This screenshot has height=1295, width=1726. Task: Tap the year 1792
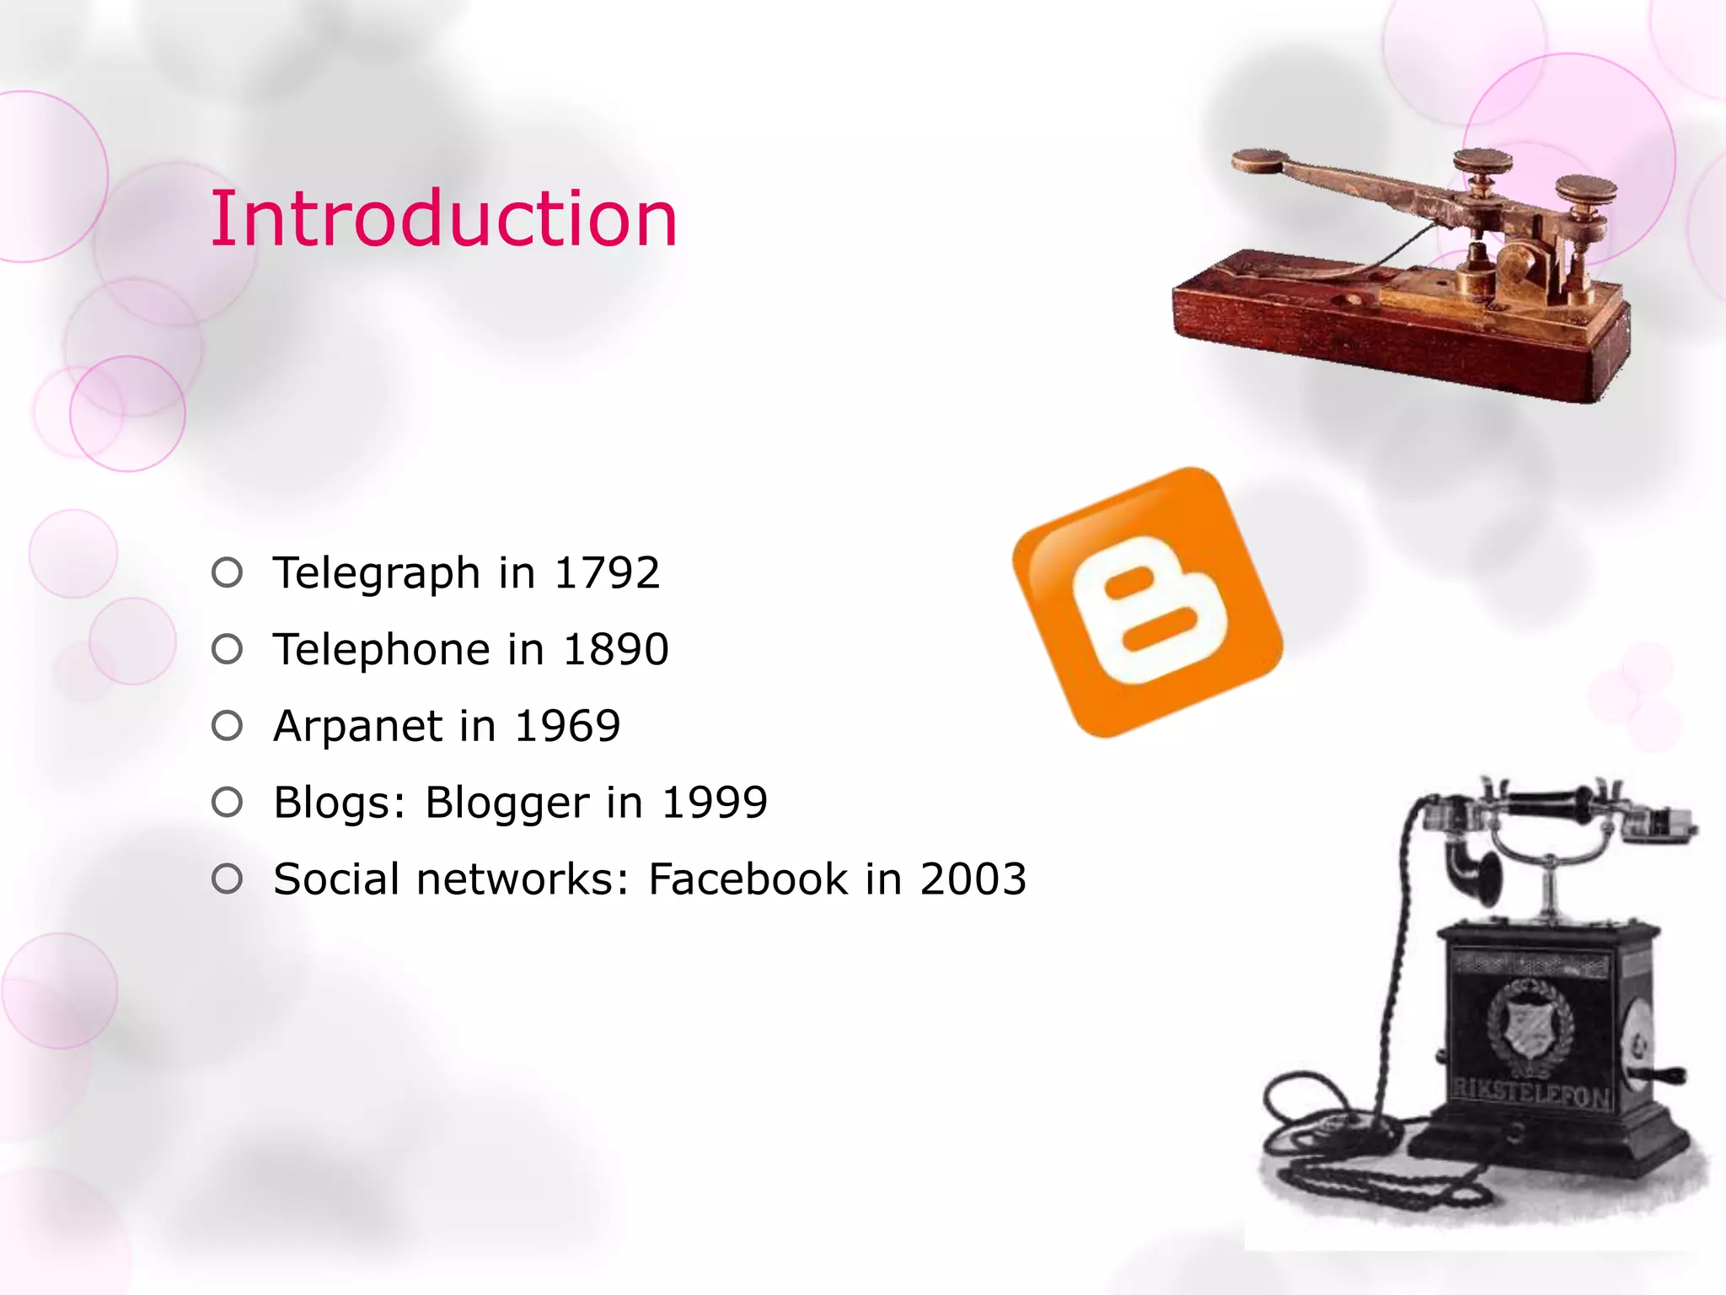pyautogui.click(x=607, y=573)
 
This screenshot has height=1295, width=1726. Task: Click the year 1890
pyautogui.click(x=616, y=649)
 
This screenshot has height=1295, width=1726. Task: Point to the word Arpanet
pyautogui.click(x=358, y=726)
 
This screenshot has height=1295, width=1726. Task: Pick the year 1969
pyautogui.click(x=567, y=726)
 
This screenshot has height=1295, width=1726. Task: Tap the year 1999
pyautogui.click(x=715, y=802)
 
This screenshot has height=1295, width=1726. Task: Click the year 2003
pyautogui.click(x=973, y=879)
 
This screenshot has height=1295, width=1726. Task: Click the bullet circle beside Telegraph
pyautogui.click(x=227, y=573)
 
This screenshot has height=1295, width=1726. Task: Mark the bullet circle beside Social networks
pyautogui.click(x=227, y=879)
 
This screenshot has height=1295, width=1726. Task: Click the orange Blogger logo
pyautogui.click(x=1147, y=602)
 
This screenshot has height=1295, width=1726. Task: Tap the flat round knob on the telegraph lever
pyautogui.click(x=1257, y=159)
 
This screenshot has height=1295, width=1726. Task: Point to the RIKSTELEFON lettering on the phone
pyautogui.click(x=1530, y=1093)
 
